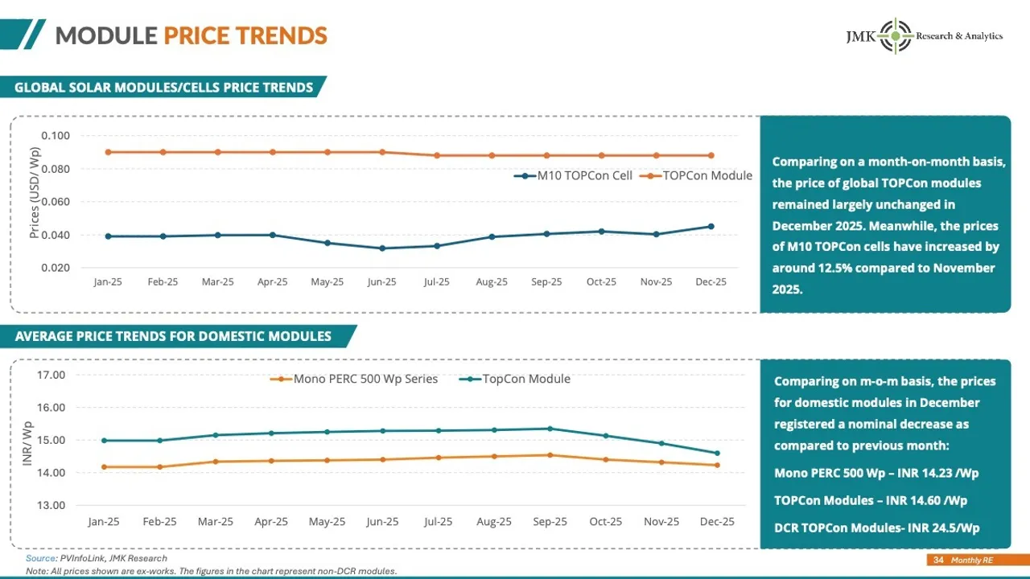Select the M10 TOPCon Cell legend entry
[x=574, y=175]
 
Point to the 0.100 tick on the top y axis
[x=56, y=135]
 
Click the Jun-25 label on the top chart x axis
[x=381, y=282]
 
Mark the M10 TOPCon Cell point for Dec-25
[x=711, y=226]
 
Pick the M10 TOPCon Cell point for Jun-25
[x=381, y=248]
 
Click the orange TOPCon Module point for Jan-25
[x=108, y=152]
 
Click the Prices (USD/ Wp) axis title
[x=35, y=194]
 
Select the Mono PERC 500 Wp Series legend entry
[x=355, y=379]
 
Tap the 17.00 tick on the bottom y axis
[x=51, y=375]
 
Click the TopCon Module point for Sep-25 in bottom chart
[x=550, y=429]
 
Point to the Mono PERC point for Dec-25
[x=716, y=465]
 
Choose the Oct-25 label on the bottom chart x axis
[x=605, y=522]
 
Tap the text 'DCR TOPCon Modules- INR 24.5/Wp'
[x=876, y=528]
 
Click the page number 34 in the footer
[x=938, y=560]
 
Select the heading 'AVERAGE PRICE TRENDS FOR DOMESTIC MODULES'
[x=173, y=336]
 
